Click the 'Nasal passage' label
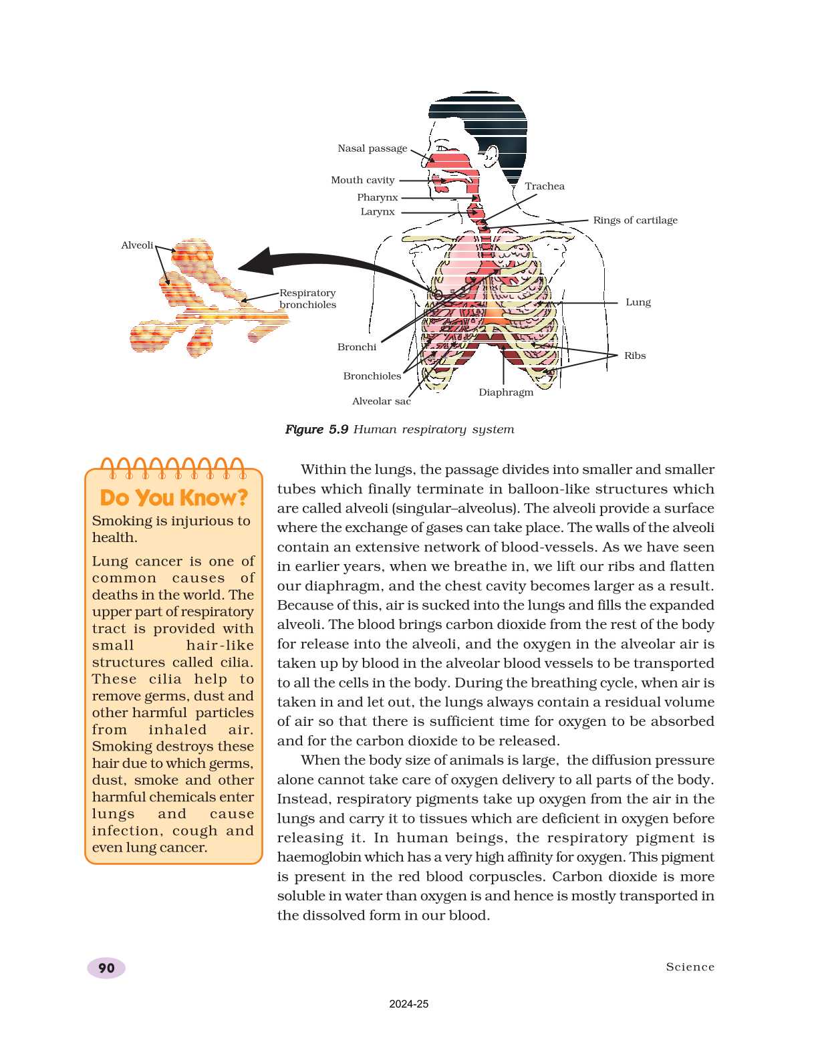pos(372,148)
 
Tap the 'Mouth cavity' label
pos(363,180)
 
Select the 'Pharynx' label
pos(377,197)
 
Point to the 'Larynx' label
pos(378,212)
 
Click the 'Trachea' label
pos(544,186)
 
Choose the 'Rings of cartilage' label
pos(635,221)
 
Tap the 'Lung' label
pos(638,302)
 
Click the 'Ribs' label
pos(634,356)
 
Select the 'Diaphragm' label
pos(506,392)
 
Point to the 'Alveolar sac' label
pos(381,401)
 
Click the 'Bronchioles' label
pos(372,376)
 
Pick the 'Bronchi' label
pos(356,347)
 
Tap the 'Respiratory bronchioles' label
pos(307,299)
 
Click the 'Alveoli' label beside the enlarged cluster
pos(137,245)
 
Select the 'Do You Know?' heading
pos(174,498)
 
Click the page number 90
pos(106,968)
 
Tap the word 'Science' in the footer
pos(690,967)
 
